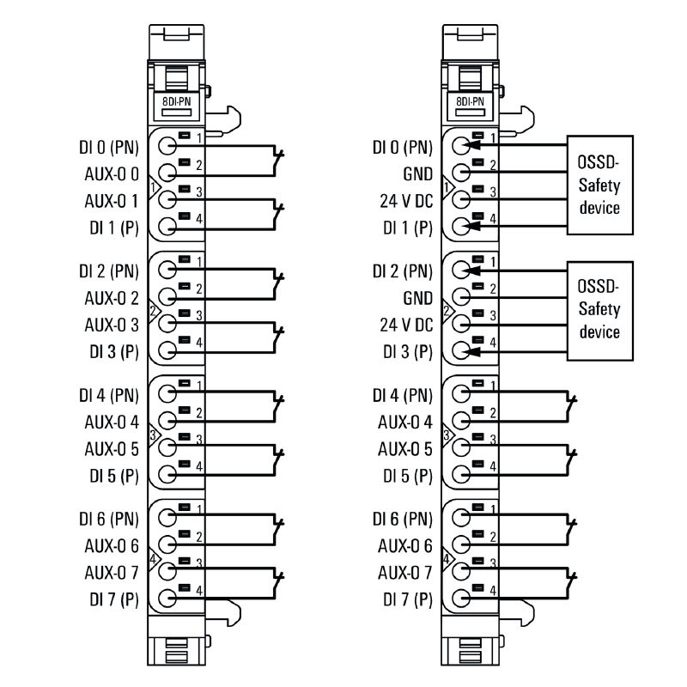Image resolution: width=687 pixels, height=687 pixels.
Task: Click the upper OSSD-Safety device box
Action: [x=599, y=185]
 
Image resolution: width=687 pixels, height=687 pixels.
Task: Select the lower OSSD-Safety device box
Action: [x=599, y=308]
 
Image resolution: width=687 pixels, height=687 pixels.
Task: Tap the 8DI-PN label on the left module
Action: [x=177, y=100]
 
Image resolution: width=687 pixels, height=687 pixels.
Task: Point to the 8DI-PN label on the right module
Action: [x=470, y=100]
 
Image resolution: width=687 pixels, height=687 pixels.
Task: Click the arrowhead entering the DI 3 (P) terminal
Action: [x=471, y=350]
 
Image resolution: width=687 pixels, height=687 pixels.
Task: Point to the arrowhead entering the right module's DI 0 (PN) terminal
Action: [x=471, y=145]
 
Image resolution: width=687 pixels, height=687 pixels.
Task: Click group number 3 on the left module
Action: [x=153, y=435]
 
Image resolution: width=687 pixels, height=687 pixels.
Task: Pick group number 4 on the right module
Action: [x=446, y=558]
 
